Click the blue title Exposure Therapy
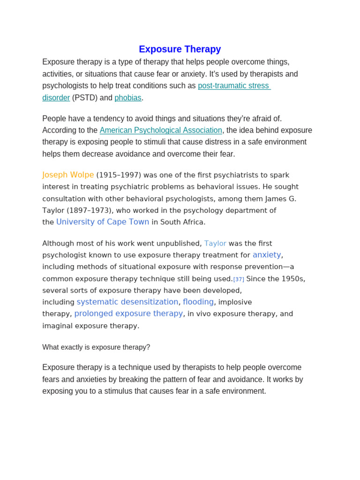[x=180, y=49]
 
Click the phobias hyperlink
[x=128, y=98]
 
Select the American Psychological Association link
[x=161, y=130]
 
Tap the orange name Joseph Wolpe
[x=68, y=175]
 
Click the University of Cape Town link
[x=103, y=222]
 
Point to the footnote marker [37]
[x=239, y=279]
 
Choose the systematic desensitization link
[x=127, y=302]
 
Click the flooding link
[x=198, y=302]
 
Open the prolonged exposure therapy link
[x=128, y=314]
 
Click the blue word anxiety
[x=267, y=255]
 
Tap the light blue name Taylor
[x=215, y=243]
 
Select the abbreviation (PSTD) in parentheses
[x=84, y=98]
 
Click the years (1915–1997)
[x=119, y=175]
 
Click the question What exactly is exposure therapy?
[x=96, y=347]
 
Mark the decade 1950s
[x=292, y=279]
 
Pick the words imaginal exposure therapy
[x=90, y=326]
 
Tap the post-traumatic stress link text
[x=233, y=86]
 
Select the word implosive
[x=235, y=302]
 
